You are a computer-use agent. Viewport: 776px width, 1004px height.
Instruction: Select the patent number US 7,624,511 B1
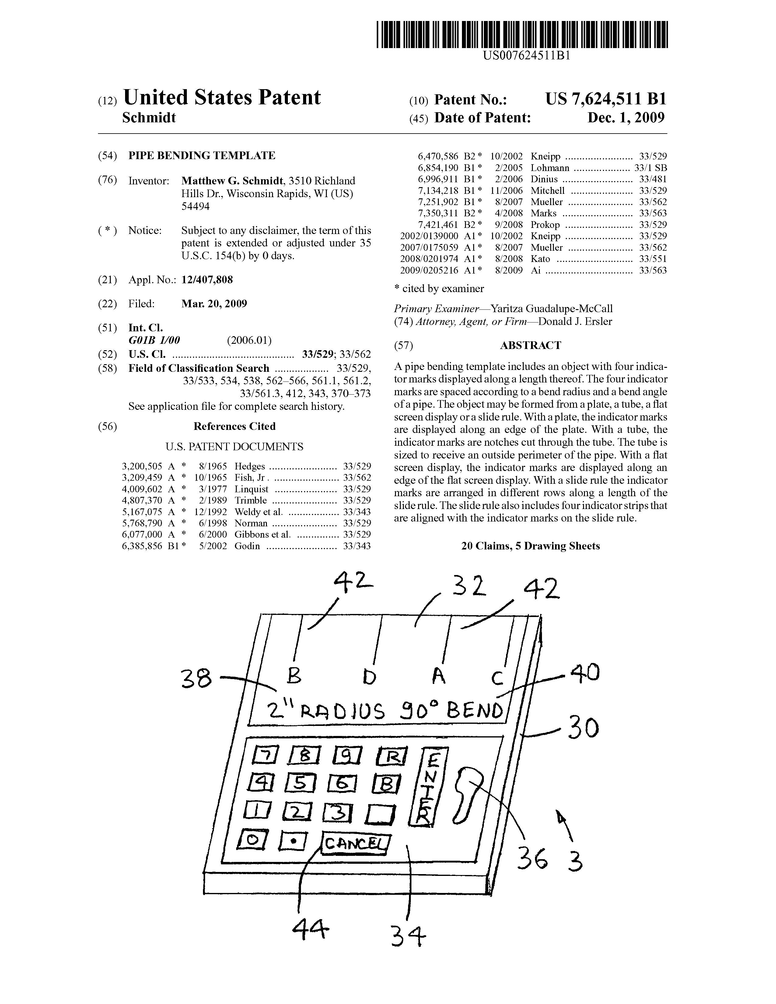click(606, 99)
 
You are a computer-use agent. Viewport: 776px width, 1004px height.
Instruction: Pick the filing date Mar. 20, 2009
click(214, 303)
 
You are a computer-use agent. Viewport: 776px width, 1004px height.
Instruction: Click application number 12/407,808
click(207, 280)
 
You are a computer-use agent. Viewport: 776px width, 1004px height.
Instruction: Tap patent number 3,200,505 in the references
click(142, 466)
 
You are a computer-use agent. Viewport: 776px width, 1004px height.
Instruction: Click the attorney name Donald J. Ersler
click(575, 321)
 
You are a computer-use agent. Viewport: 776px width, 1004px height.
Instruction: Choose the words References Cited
click(234, 426)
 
